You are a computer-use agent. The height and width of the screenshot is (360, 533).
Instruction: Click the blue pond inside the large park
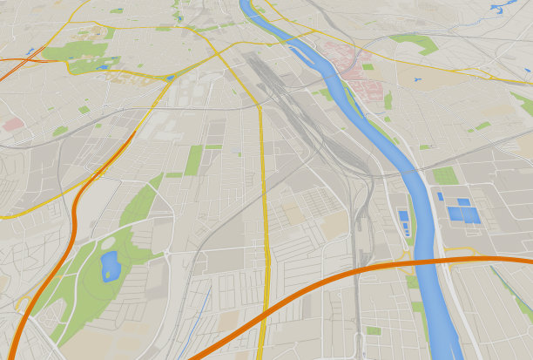pyautogui.click(x=110, y=265)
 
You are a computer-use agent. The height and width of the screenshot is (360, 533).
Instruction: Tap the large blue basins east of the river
pyautogui.click(x=463, y=212)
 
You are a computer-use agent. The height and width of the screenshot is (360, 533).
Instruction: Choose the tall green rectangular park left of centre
pyautogui.click(x=193, y=160)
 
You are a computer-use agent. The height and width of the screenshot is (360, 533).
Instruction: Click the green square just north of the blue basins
pyautogui.click(x=445, y=175)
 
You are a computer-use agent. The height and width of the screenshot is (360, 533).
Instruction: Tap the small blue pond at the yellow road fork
pyautogui.click(x=170, y=78)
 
